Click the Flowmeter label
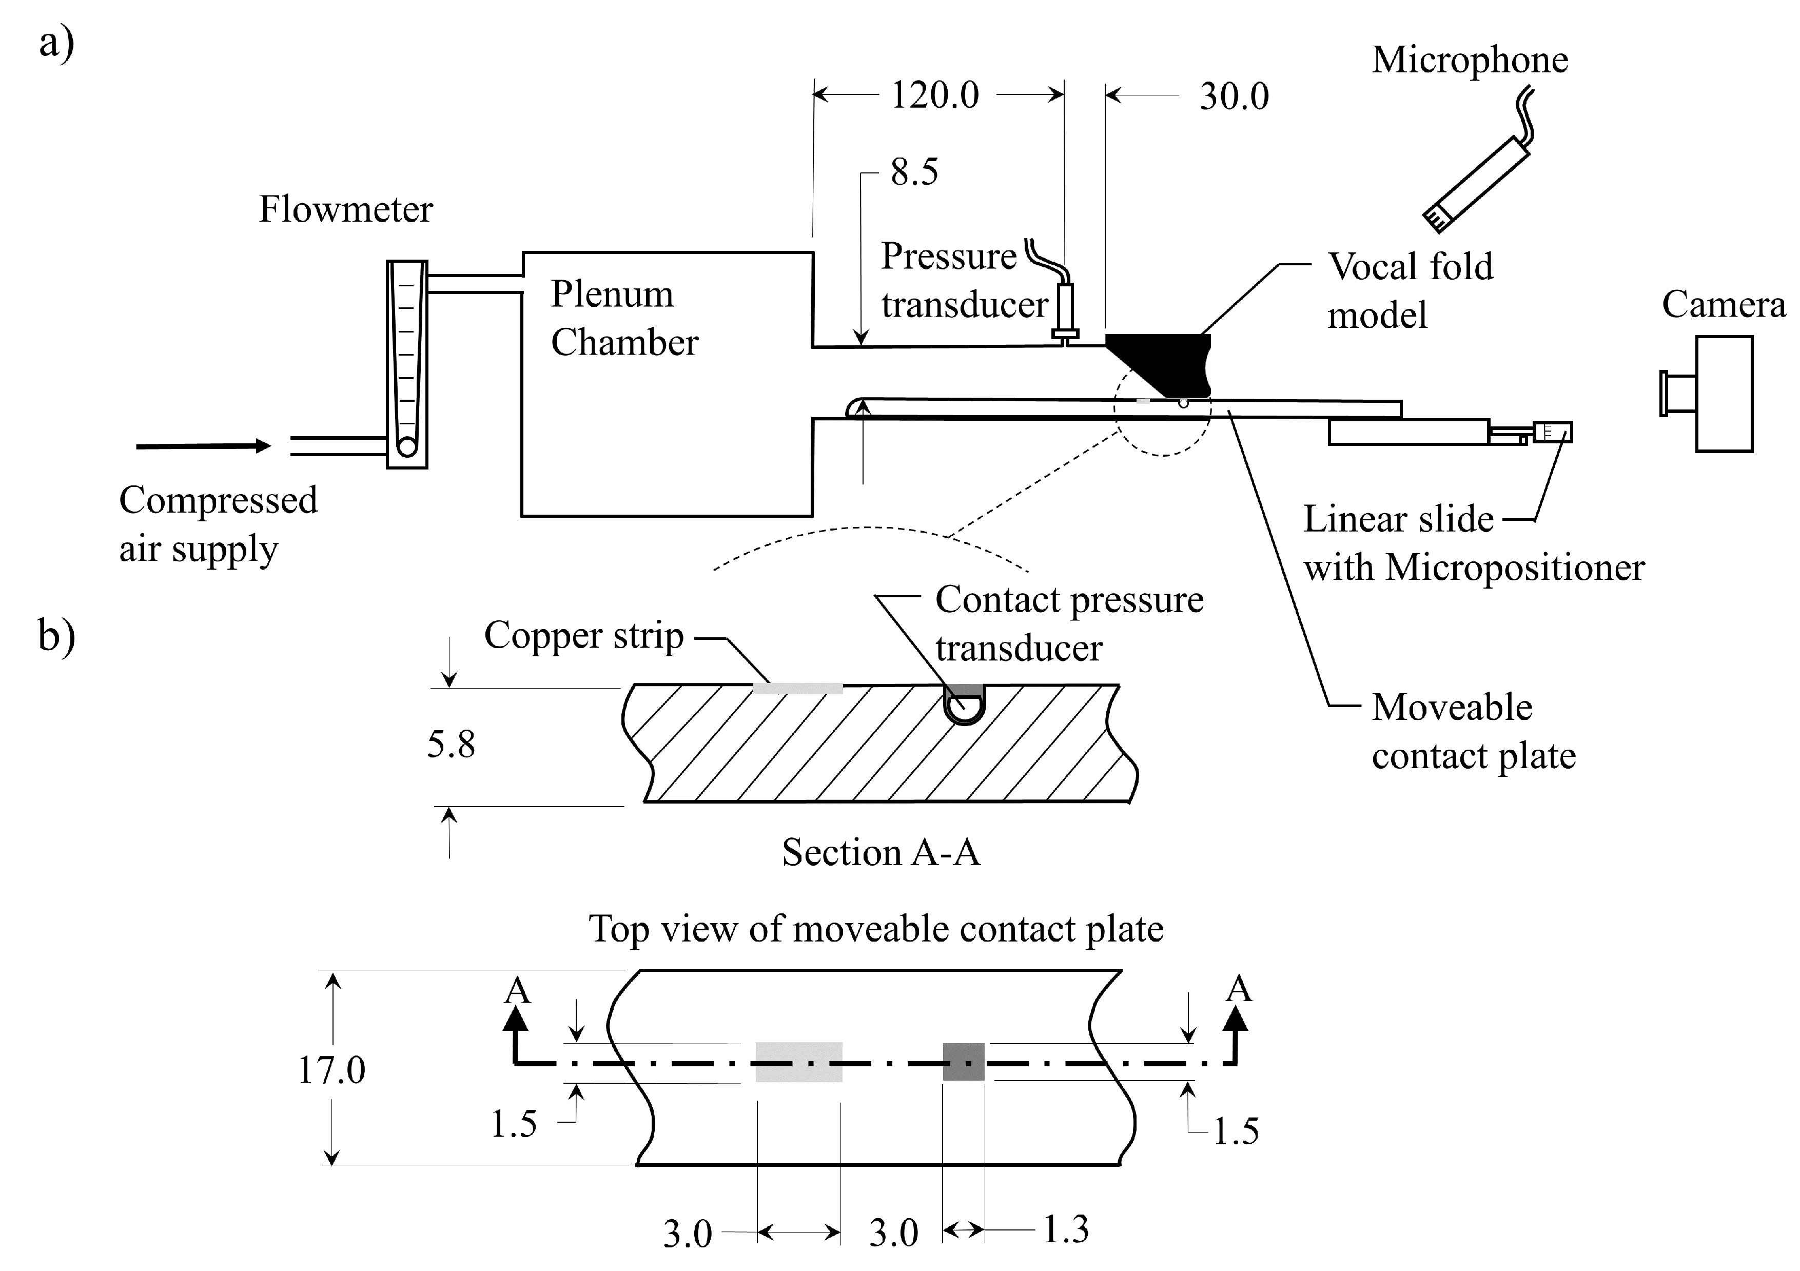pyautogui.click(x=346, y=209)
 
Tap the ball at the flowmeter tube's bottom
pyautogui.click(x=407, y=446)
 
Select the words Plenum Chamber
pyautogui.click(x=624, y=318)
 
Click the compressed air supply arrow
pyautogui.click(x=204, y=446)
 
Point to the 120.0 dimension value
pyautogui.click(x=935, y=95)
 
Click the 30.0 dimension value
pyautogui.click(x=1234, y=97)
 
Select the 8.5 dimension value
pyautogui.click(x=914, y=172)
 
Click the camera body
pyautogui.click(x=1724, y=394)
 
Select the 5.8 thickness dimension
pyautogui.click(x=451, y=744)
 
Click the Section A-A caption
pyautogui.click(x=881, y=852)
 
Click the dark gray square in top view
pyautogui.click(x=964, y=1063)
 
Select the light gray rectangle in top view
pyautogui.click(x=799, y=1063)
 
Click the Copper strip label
pyautogui.click(x=583, y=636)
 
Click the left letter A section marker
pyautogui.click(x=517, y=991)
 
